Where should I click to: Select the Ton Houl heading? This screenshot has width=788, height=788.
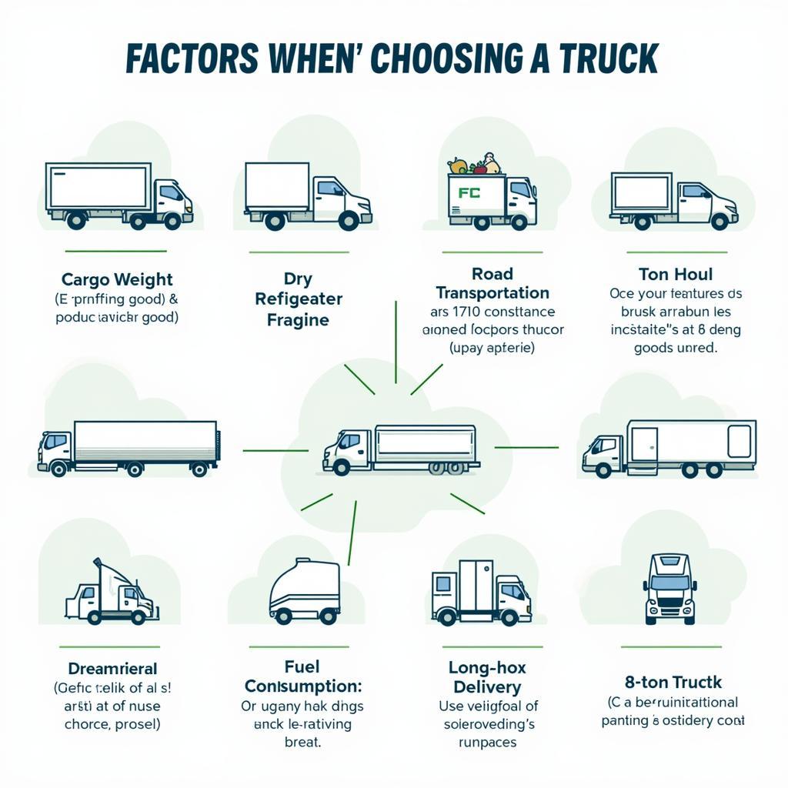675,275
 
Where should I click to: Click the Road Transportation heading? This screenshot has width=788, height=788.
492,283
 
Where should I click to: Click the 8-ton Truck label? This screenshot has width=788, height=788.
673,681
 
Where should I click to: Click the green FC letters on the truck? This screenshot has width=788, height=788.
468,193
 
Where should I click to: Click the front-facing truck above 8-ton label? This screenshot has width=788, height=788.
669,587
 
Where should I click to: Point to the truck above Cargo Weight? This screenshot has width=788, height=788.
119,195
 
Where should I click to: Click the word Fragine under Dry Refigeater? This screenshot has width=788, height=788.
298,319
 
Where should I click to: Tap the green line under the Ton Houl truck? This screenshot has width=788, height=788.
676,252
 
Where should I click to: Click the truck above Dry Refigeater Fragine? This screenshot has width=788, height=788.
307,195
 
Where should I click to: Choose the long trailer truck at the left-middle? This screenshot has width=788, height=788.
129,447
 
